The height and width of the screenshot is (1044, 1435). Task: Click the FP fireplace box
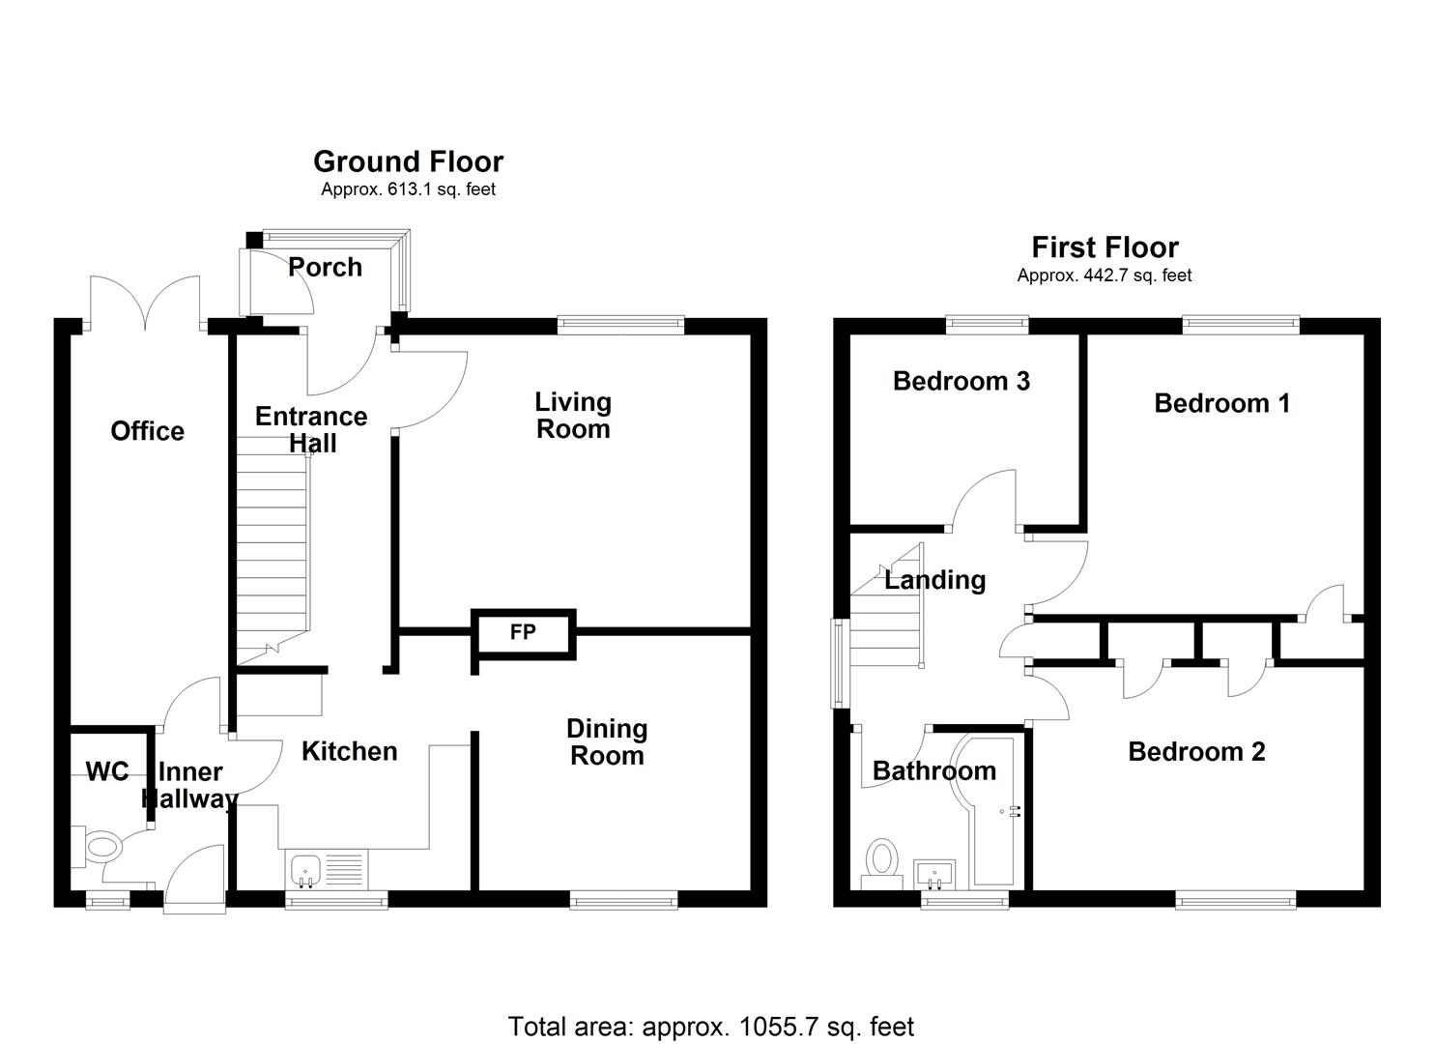(x=523, y=633)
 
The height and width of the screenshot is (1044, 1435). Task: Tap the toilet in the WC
(x=100, y=848)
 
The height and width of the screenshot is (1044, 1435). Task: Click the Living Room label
(x=573, y=416)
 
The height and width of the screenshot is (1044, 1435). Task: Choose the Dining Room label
(x=607, y=742)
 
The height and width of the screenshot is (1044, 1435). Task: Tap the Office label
(x=147, y=431)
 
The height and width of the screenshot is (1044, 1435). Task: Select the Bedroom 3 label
(x=961, y=381)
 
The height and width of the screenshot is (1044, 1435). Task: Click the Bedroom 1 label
(x=1221, y=403)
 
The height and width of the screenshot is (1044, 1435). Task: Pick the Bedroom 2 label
(x=1196, y=752)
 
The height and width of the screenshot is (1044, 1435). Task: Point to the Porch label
(x=325, y=267)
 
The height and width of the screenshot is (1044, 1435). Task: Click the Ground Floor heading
(x=408, y=161)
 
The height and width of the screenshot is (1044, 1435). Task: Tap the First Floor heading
(x=1105, y=247)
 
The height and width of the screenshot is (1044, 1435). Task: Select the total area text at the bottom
(x=710, y=1026)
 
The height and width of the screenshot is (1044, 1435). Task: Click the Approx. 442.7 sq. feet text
(x=1104, y=275)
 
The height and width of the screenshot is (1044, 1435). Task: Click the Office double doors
(x=145, y=302)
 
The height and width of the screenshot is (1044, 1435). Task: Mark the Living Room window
(x=620, y=325)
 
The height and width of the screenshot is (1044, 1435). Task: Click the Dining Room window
(x=623, y=901)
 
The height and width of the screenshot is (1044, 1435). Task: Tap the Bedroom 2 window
(x=1235, y=901)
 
